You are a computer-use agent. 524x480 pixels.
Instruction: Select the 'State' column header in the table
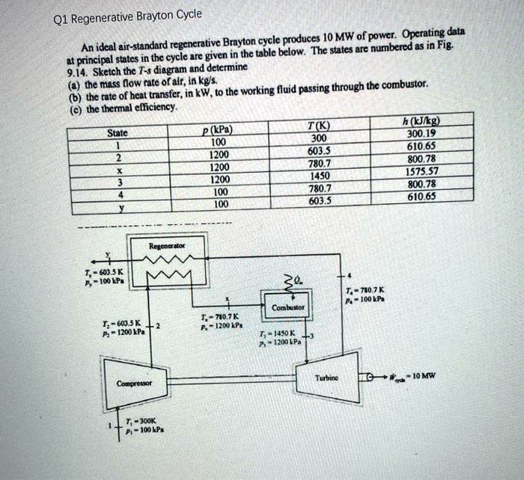point(118,132)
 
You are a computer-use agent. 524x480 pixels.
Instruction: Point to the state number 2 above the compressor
point(160,325)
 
